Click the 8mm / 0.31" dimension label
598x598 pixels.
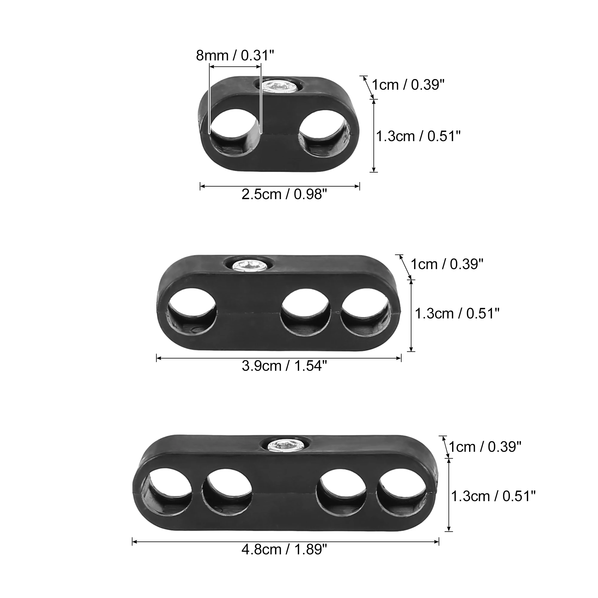pyautogui.click(x=235, y=55)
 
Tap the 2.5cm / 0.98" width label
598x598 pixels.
pyautogui.click(x=284, y=194)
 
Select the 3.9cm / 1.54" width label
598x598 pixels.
pyautogui.click(x=284, y=366)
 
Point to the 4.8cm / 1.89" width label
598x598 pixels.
pyautogui.click(x=284, y=549)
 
